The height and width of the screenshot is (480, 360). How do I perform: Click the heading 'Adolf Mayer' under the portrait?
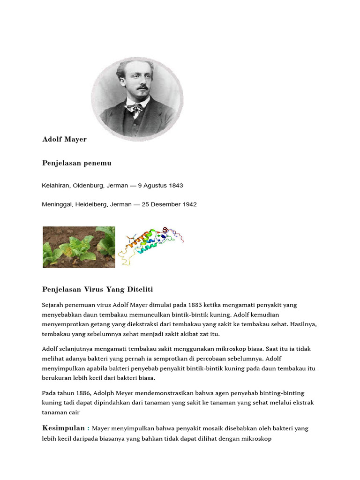tap(64, 139)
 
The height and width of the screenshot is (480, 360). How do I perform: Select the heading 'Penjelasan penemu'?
tap(76, 163)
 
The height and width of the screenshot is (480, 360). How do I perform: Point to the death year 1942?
tap(189, 204)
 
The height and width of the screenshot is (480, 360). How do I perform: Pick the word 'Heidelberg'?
tap(90, 204)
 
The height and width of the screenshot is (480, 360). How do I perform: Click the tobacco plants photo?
tap(79, 247)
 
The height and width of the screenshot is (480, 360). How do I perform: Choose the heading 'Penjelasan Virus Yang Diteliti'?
tap(97, 289)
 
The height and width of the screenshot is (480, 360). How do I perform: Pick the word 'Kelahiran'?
tap(56, 186)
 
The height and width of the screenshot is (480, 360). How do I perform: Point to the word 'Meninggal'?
tap(57, 204)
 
